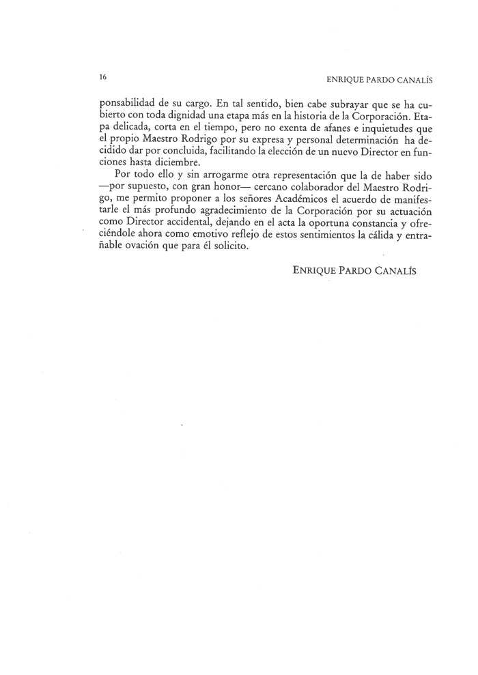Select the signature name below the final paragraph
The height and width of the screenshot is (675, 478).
(x=354, y=270)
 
